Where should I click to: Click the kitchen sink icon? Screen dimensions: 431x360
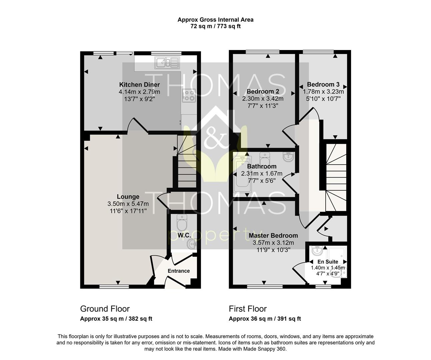(167, 63)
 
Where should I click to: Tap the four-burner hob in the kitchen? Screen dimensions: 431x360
(189, 96)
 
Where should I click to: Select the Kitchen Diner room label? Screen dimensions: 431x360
(140, 85)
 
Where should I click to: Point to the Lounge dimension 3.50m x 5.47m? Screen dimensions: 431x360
(128, 204)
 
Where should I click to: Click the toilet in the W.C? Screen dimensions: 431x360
(182, 223)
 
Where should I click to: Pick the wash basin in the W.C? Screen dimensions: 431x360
(192, 244)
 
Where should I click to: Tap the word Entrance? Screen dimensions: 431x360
(179, 271)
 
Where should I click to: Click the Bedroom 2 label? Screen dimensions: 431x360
(263, 91)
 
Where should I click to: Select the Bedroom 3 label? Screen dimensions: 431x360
(323, 84)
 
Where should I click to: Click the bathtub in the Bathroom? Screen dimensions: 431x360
(242, 174)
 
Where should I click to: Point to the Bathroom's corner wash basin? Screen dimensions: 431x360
(288, 157)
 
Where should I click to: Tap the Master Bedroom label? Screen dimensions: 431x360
(273, 236)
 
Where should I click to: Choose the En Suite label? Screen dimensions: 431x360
(328, 262)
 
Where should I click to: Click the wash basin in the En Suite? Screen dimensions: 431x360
(317, 251)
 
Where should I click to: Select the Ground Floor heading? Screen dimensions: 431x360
(105, 309)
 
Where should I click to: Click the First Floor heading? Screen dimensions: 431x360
(248, 309)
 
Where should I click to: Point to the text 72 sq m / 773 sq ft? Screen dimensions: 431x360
(215, 26)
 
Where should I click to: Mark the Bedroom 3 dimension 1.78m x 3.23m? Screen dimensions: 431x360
(323, 91)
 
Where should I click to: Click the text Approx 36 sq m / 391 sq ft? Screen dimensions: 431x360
(265, 319)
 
